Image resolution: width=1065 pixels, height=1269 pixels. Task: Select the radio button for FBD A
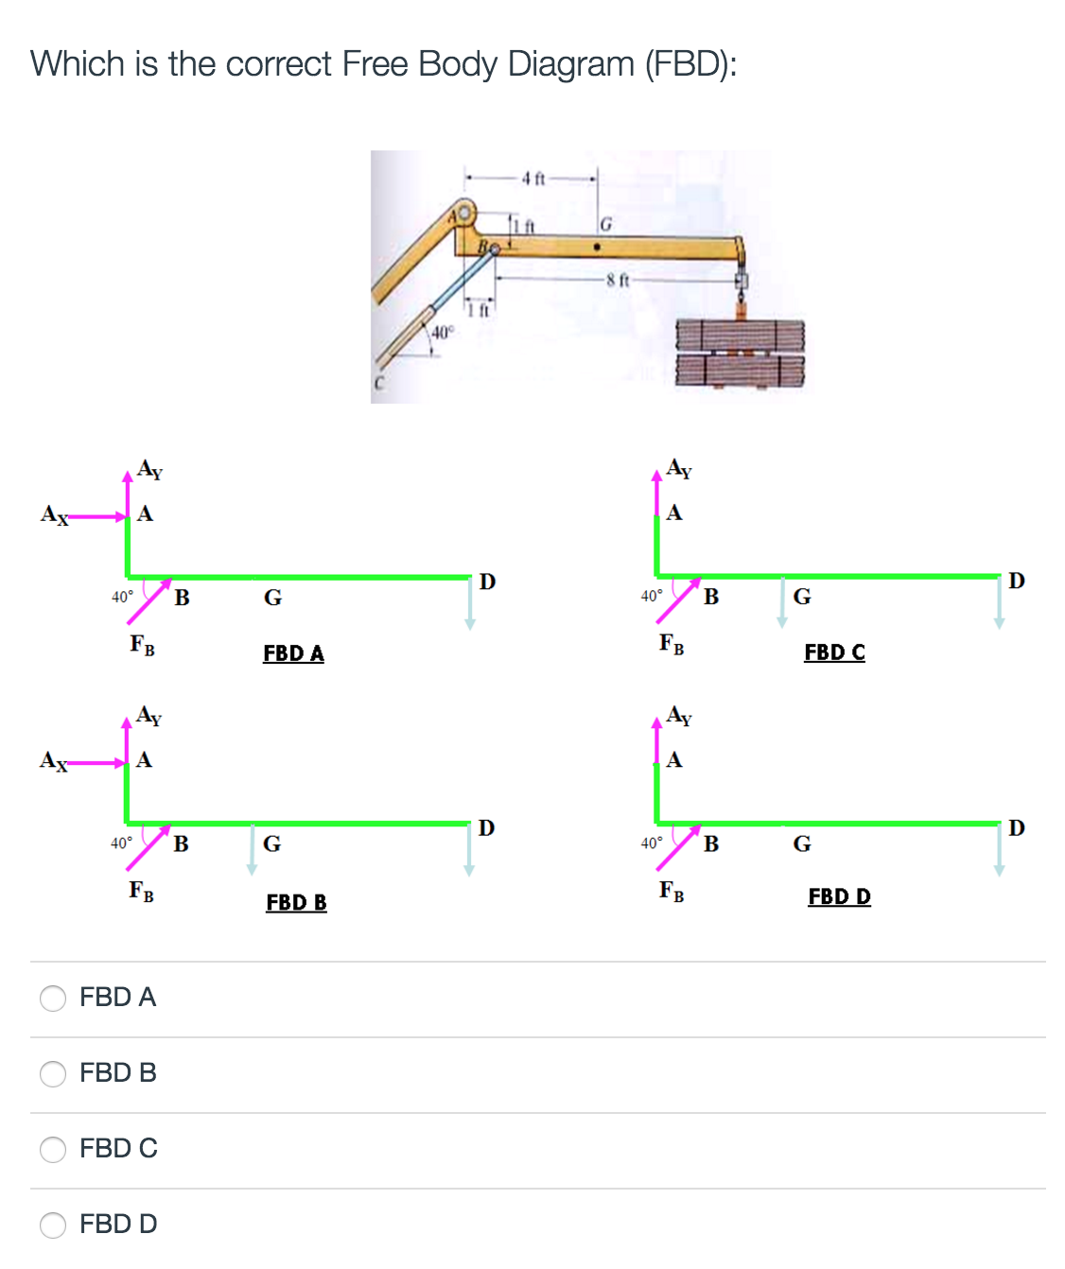[53, 998]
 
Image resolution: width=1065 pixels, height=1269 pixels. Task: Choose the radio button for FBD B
[53, 1073]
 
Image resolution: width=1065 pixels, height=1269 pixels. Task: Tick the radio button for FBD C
[53, 1149]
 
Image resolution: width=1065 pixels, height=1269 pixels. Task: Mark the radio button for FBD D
[53, 1225]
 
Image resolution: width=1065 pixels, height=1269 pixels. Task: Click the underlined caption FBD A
[293, 653]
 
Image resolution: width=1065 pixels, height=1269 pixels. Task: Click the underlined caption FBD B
[296, 902]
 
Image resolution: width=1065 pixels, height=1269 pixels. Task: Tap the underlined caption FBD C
[834, 652]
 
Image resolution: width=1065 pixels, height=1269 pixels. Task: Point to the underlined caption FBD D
[839, 896]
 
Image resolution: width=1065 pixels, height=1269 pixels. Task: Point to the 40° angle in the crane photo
[443, 332]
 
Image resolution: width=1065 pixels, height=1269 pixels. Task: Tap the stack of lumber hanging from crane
[740, 354]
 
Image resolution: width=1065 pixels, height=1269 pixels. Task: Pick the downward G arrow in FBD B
[252, 848]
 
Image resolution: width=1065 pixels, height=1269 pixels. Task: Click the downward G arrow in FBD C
[781, 602]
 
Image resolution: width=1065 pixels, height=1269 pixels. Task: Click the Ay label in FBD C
[679, 468]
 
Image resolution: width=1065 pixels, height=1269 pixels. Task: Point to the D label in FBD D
[1016, 827]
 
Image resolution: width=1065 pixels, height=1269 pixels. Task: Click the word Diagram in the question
[570, 64]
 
